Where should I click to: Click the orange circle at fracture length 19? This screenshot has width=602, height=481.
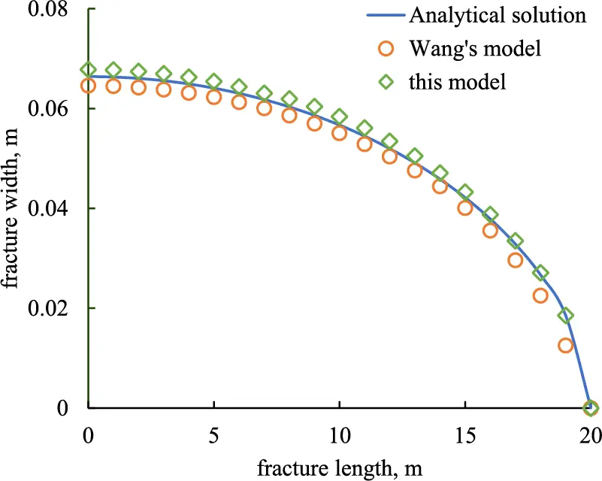pos(565,345)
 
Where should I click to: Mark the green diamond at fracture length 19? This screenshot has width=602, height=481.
pos(565,316)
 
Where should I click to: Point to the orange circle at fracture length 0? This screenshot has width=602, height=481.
pos(89,86)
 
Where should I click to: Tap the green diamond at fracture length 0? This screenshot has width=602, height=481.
pos(89,70)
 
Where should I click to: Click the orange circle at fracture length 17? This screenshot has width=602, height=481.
pos(516,260)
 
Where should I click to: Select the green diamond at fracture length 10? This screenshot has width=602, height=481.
pos(339,116)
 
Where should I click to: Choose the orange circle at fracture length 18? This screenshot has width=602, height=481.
pos(540,295)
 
